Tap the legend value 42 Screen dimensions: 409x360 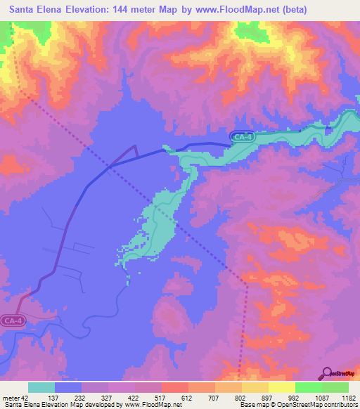[x=27, y=398]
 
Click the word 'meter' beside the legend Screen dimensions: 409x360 [x=11, y=398]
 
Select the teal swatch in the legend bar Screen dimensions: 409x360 [x=41, y=387]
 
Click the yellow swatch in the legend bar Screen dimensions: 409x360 [x=281, y=387]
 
